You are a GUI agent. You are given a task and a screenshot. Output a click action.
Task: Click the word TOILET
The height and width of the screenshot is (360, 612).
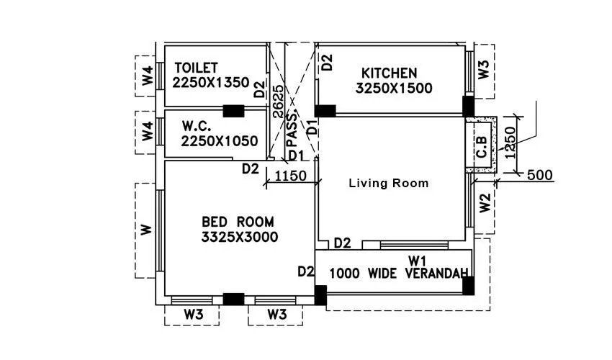point(196,68)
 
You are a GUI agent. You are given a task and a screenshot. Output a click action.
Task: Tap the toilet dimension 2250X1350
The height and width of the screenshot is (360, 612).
point(210,82)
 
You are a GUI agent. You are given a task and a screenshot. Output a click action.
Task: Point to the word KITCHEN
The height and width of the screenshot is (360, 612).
point(389,73)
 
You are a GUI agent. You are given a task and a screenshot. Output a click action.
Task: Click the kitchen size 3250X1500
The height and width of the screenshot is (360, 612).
point(393,89)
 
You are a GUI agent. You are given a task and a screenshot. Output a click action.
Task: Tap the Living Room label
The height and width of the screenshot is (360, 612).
point(388,184)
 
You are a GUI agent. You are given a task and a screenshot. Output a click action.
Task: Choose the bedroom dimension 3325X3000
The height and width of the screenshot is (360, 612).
point(240,237)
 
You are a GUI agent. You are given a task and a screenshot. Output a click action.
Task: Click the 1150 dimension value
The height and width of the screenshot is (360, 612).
point(291,176)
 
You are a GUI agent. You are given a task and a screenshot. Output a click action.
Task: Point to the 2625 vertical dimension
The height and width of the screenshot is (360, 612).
point(278,101)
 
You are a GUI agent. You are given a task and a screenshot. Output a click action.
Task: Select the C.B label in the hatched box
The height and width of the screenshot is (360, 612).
point(482,146)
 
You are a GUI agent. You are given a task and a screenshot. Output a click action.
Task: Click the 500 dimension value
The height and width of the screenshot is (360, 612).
point(540,175)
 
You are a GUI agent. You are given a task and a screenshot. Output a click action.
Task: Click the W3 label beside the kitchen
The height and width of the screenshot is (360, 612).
point(484,70)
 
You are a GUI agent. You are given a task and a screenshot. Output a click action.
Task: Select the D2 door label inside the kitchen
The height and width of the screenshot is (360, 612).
point(327,62)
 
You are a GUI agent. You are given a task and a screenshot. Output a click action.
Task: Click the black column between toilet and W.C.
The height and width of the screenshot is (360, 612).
point(233,111)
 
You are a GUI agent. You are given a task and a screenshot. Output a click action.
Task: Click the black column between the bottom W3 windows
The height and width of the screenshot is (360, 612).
point(233,300)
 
